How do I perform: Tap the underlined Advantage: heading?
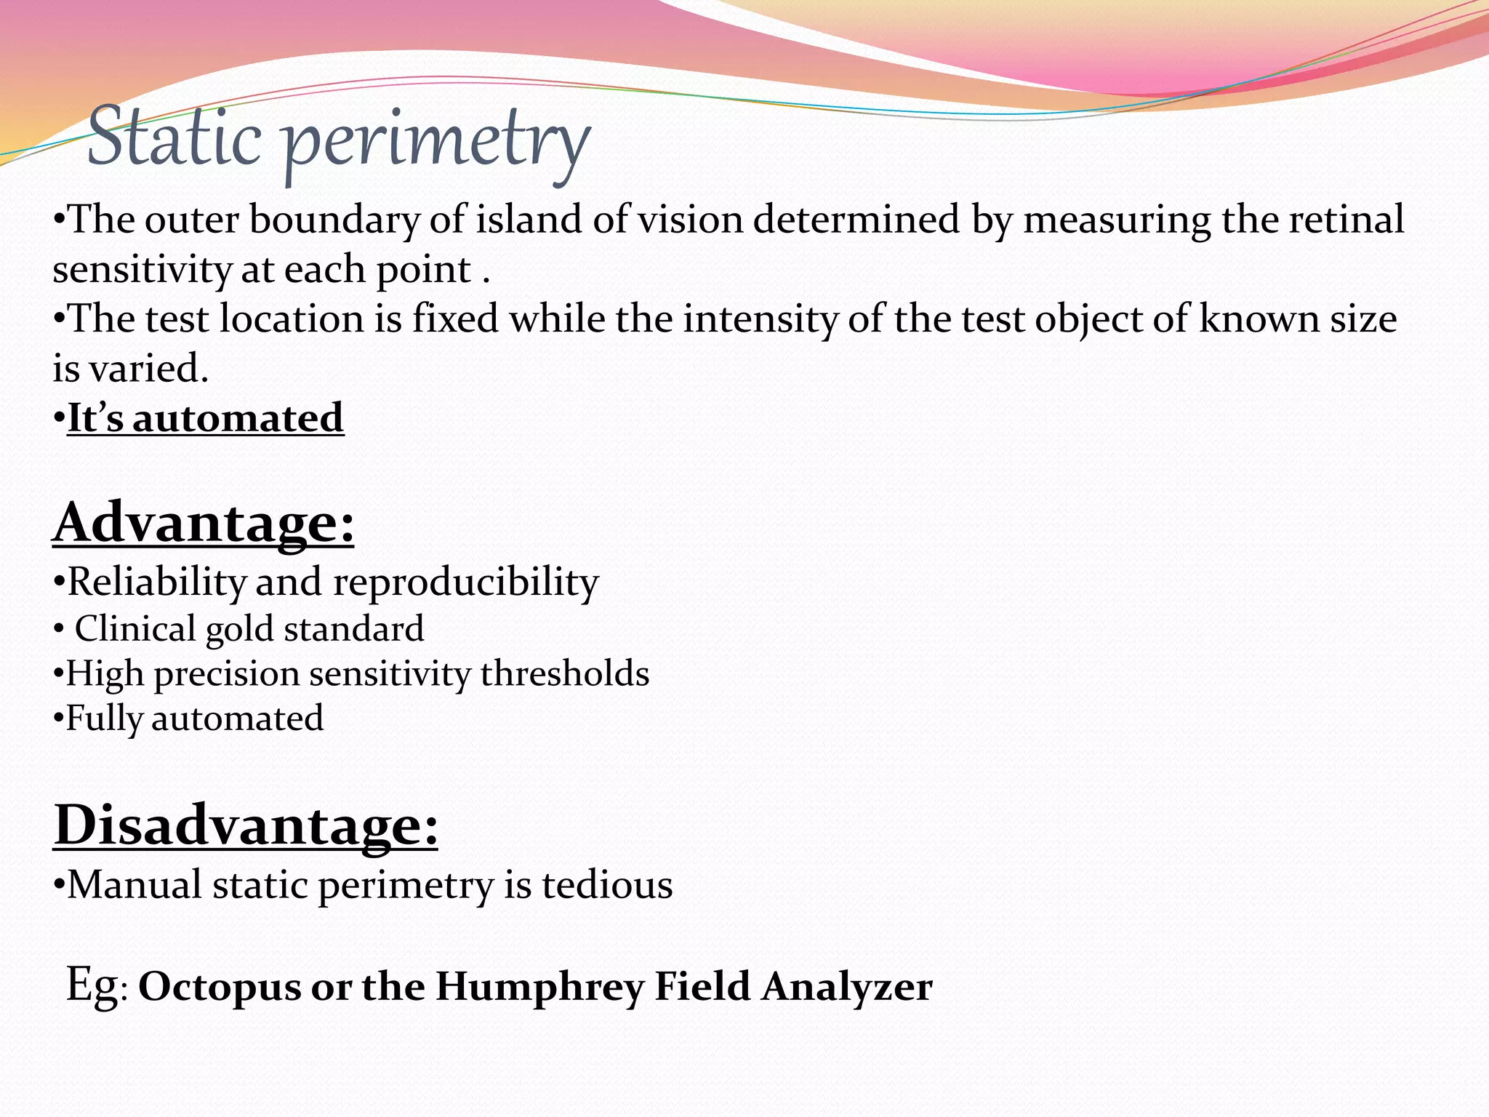204,523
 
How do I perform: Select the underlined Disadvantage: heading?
246,825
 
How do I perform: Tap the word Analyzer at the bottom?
847,987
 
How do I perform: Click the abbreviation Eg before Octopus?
92,985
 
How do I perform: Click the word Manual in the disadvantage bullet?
135,885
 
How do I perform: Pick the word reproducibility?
465,582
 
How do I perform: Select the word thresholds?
564,673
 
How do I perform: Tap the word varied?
148,368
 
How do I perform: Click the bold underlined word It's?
95,418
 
